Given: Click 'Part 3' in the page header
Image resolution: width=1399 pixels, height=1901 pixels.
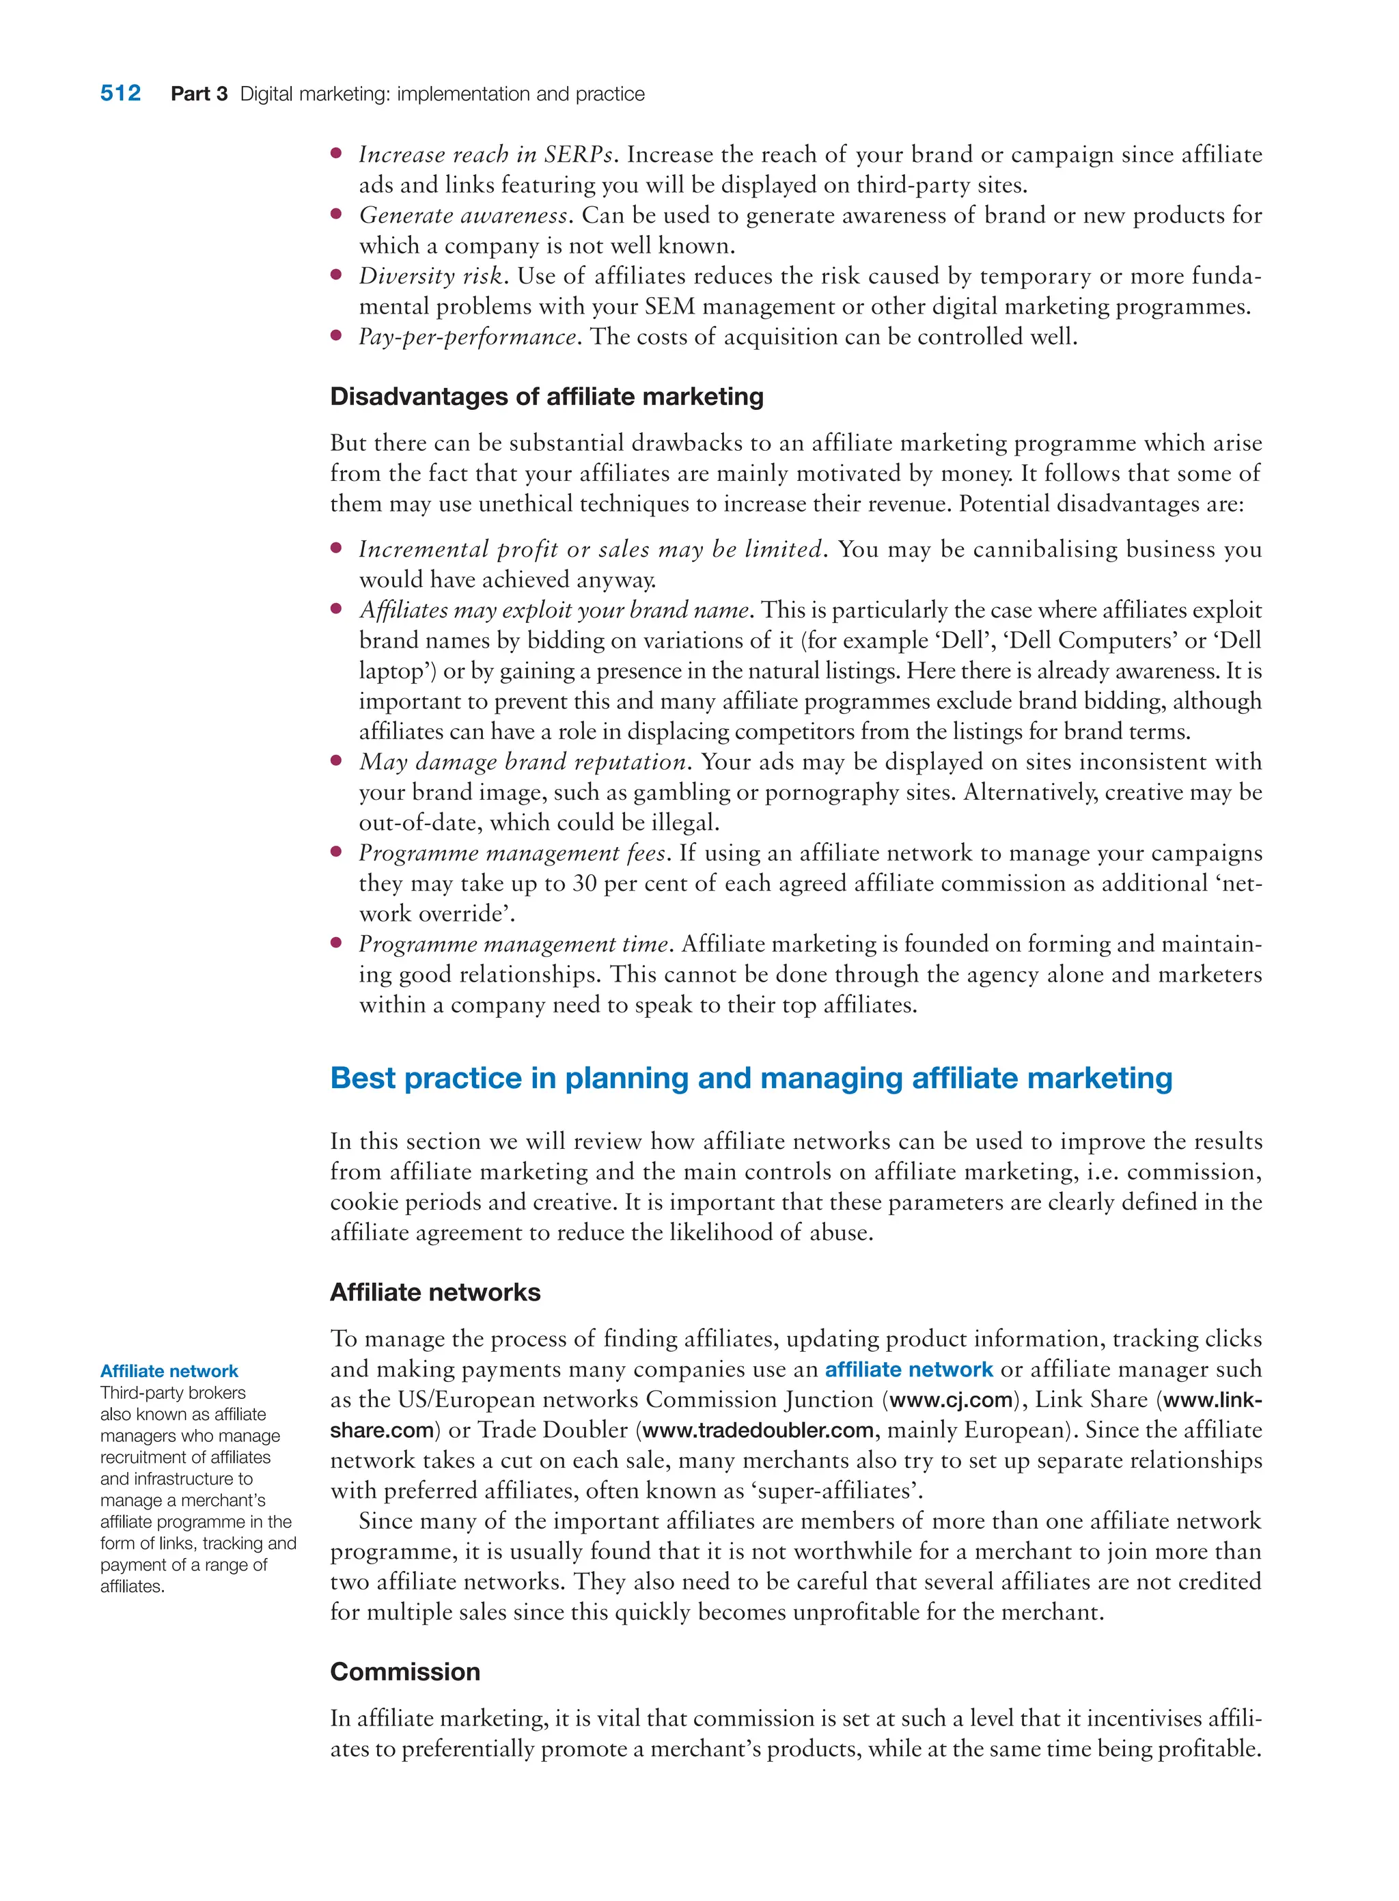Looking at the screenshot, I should pyautogui.click(x=199, y=94).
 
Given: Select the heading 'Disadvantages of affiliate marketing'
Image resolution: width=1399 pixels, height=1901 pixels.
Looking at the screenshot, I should pyautogui.click(x=546, y=396).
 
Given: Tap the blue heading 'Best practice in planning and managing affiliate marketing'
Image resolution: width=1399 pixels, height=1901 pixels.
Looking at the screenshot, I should pyautogui.click(x=750, y=1078).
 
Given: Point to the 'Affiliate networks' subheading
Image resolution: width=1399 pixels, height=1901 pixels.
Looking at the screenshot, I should pyautogui.click(x=434, y=1292).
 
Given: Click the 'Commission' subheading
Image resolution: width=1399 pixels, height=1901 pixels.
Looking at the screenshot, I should pyautogui.click(x=405, y=1671).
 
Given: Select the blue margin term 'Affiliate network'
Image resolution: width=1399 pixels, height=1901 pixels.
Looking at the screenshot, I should pyautogui.click(x=169, y=1371).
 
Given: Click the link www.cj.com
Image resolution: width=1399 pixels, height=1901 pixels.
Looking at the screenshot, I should pyautogui.click(x=950, y=1400).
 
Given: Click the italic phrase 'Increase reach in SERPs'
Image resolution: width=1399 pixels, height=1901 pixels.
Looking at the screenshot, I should pyautogui.click(x=485, y=154).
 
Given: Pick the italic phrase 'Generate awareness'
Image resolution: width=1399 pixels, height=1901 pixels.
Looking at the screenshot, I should pyautogui.click(x=463, y=215).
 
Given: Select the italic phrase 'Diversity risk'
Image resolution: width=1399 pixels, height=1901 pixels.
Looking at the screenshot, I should pyautogui.click(x=430, y=276).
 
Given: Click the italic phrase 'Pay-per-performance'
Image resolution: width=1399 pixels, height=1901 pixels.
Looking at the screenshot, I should pyautogui.click(x=467, y=337).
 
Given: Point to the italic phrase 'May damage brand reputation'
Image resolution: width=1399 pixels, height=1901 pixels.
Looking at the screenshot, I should pyautogui.click(x=523, y=762).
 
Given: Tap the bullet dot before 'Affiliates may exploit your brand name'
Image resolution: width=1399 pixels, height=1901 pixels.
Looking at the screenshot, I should pyautogui.click(x=336, y=608).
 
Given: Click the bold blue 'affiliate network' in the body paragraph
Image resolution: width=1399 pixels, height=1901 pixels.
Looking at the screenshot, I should pyautogui.click(x=908, y=1370).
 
